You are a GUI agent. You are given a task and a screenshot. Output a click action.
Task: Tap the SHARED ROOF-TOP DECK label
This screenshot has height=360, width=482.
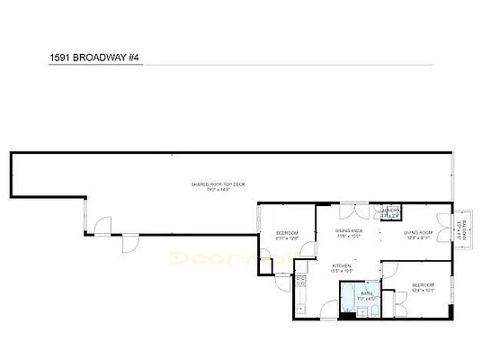click(219, 184)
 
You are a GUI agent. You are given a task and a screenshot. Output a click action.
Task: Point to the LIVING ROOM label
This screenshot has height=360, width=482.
click(421, 232)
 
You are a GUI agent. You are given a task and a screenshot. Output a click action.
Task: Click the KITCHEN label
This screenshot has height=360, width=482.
click(343, 265)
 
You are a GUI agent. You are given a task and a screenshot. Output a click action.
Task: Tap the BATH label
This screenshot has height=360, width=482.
click(366, 293)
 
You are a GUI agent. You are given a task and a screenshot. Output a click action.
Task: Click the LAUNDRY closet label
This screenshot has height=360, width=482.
click(389, 212)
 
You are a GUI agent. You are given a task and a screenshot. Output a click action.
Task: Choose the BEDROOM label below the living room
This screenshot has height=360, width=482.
click(423, 285)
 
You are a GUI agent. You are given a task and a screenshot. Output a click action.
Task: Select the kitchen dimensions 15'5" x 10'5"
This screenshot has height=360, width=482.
click(343, 271)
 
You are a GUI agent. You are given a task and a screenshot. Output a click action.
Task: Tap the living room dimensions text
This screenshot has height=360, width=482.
click(421, 238)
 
